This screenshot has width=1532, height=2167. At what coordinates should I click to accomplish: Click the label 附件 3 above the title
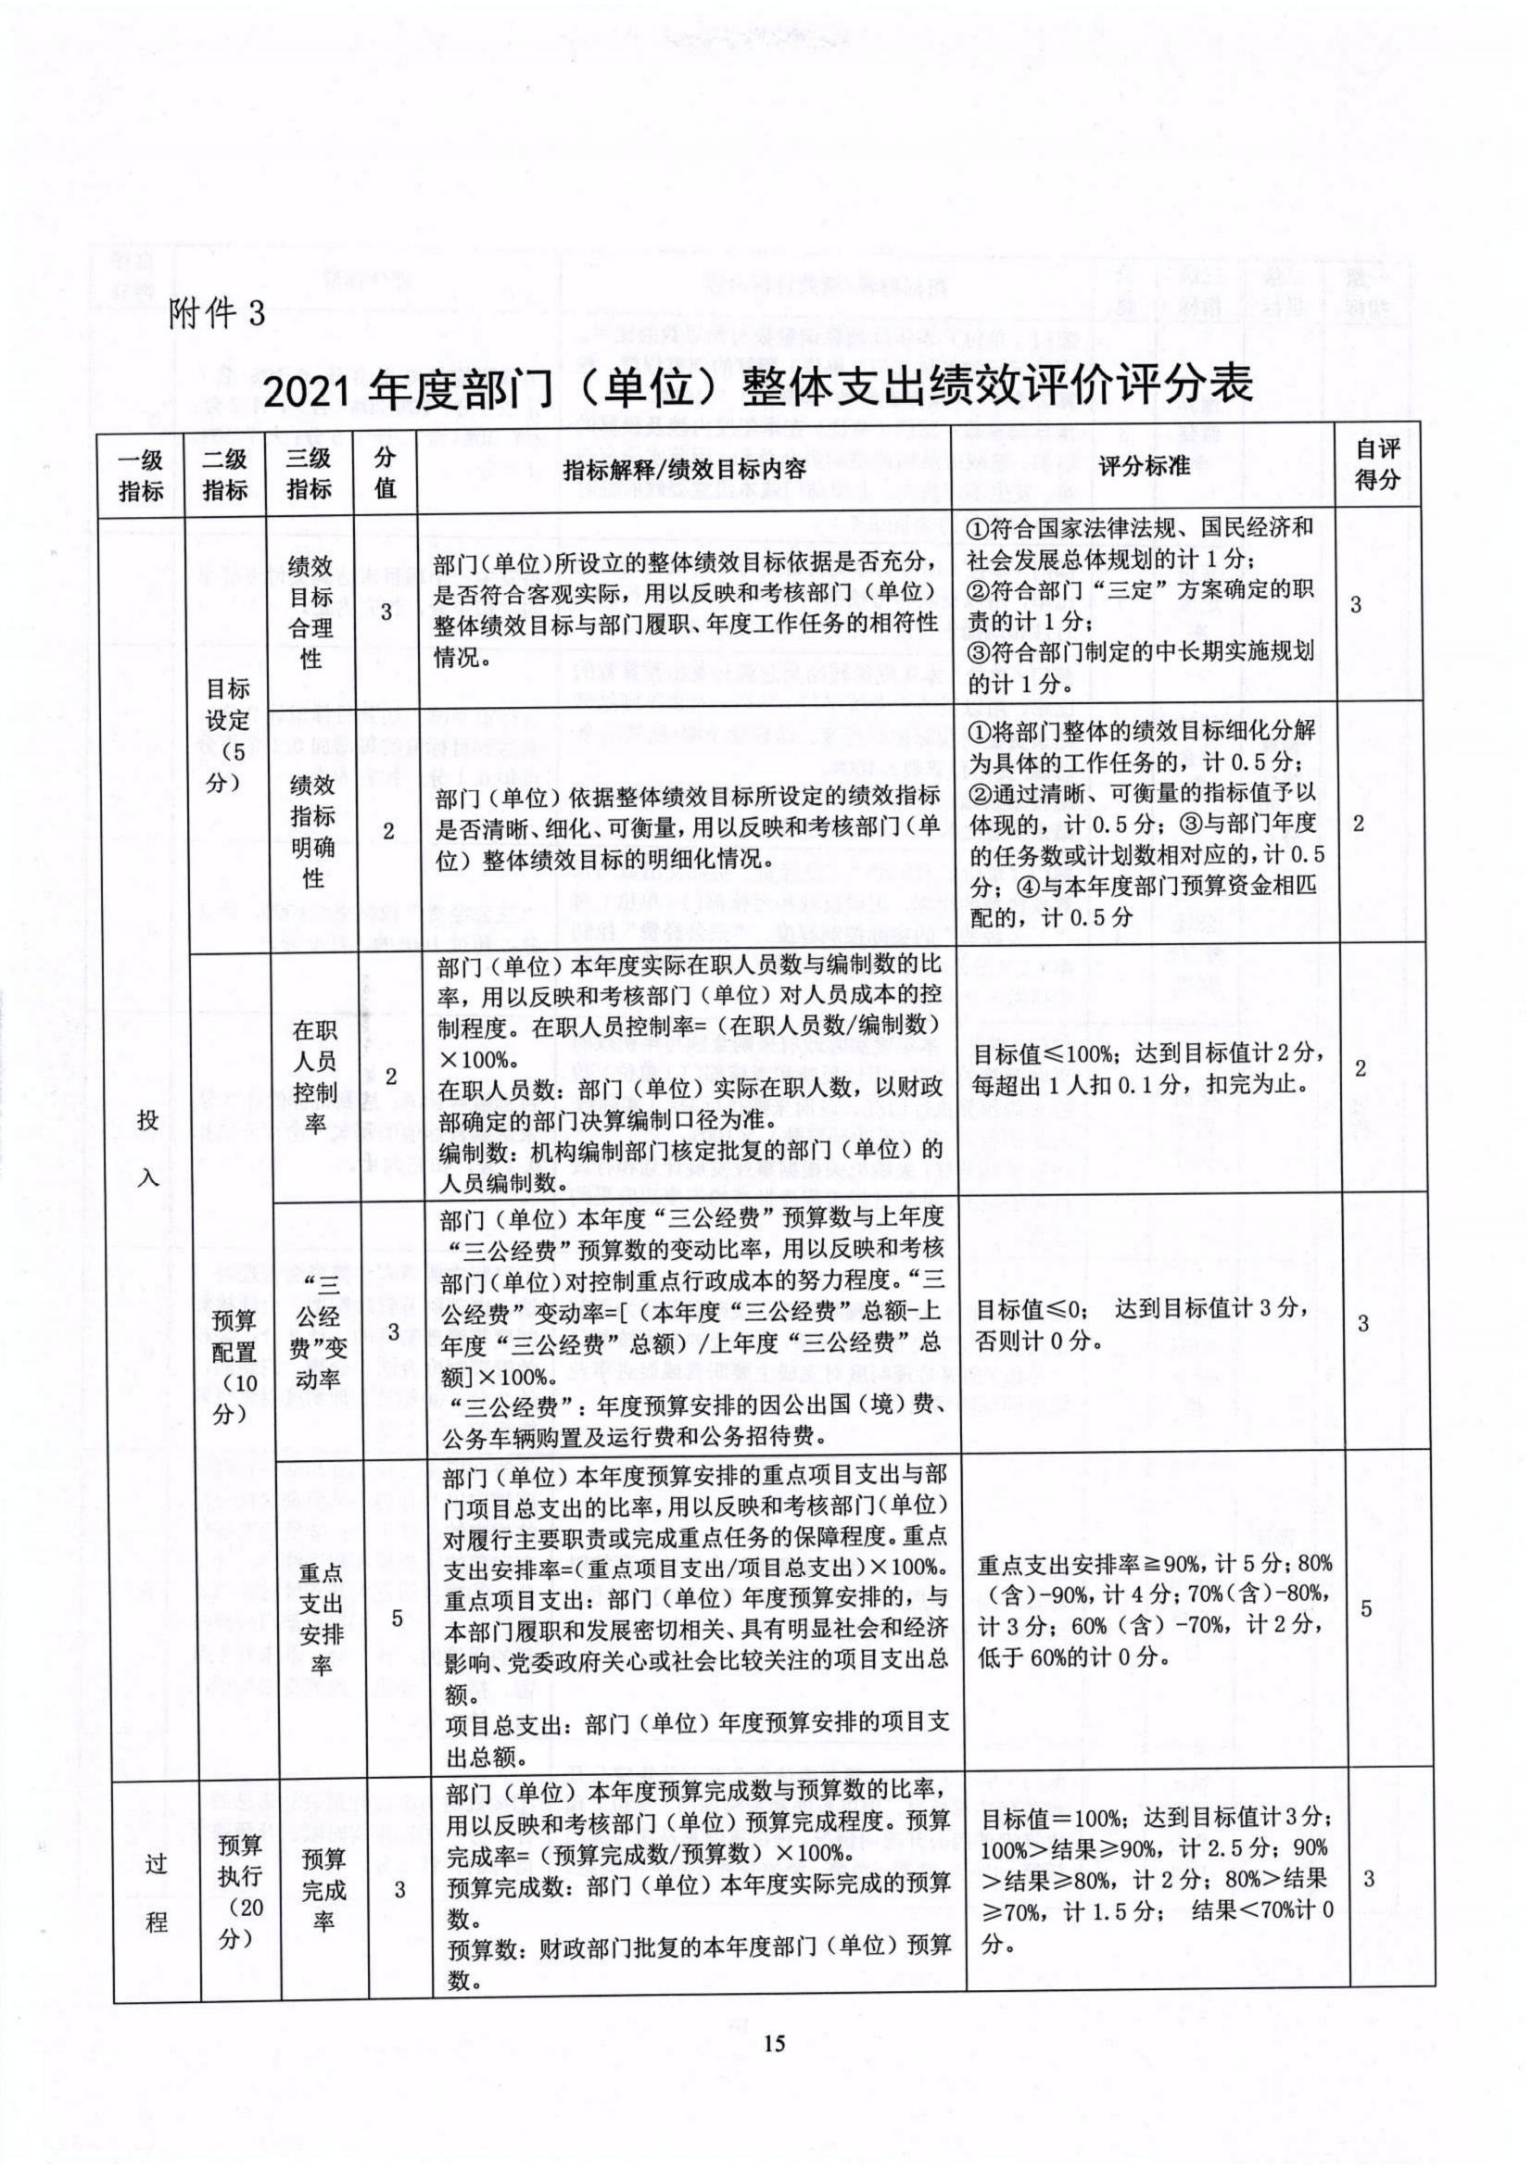[218, 312]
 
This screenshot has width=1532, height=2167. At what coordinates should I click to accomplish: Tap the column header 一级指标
[141, 474]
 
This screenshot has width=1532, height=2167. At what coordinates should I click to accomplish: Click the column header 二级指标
[224, 474]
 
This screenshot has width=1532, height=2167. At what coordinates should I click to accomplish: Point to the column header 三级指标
[309, 474]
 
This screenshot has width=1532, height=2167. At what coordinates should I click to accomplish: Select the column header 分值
[386, 473]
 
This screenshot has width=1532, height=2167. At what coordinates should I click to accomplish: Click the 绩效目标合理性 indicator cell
[310, 611]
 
